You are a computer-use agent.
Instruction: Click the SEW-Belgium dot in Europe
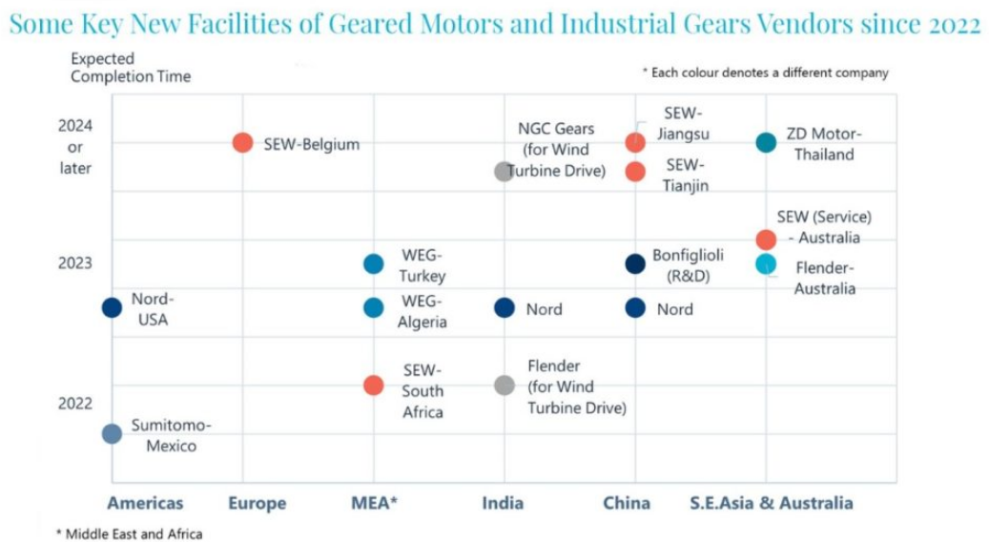tap(242, 142)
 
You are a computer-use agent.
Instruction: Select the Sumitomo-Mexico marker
tap(112, 433)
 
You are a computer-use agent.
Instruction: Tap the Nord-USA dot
tap(112, 307)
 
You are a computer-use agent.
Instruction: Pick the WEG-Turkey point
tap(374, 264)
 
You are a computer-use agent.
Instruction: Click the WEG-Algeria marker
tap(374, 307)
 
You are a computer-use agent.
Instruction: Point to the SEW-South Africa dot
tap(374, 386)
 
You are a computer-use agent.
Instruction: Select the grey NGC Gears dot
tap(504, 171)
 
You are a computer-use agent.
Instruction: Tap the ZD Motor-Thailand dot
tap(766, 142)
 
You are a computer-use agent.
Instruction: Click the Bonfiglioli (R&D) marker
tap(635, 264)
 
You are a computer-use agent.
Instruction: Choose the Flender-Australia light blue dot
tap(766, 264)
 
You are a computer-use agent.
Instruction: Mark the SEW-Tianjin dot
tap(635, 171)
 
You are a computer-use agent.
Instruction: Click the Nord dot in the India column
tap(505, 307)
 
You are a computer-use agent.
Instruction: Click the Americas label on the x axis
tap(145, 503)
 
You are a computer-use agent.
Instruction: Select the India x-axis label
tap(504, 503)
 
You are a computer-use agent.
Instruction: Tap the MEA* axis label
tap(373, 503)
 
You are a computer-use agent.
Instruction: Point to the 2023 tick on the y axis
tap(75, 263)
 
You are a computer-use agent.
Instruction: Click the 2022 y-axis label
tap(75, 403)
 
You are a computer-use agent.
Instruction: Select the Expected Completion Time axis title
tap(131, 68)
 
